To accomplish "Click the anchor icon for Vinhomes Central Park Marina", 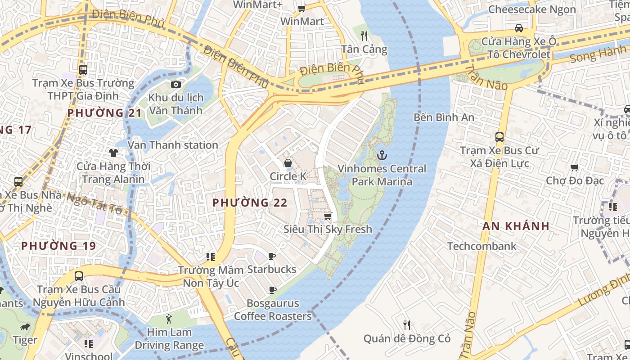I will (382, 156).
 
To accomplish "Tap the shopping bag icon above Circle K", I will (288, 163).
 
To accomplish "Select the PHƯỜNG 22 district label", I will (250, 203).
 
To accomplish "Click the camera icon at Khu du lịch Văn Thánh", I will (176, 84).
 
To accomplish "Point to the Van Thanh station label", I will (173, 145).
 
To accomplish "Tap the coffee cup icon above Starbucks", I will (272, 256).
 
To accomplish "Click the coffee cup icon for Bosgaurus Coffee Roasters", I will (272, 290).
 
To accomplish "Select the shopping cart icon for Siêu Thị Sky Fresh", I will (328, 216).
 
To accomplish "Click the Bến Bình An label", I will (444, 117).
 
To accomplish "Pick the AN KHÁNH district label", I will (516, 226).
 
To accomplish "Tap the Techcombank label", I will (481, 246).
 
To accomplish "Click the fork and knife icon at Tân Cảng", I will (364, 36).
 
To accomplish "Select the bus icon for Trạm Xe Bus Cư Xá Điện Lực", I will (499, 137).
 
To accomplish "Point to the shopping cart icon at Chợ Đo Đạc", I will (574, 167).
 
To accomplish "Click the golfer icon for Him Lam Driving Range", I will (169, 319).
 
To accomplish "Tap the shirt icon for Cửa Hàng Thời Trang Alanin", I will (113, 153).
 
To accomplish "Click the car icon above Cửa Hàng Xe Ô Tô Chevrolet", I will (518, 28).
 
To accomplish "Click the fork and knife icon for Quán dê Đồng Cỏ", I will (407, 325).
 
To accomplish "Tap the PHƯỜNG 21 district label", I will (104, 113).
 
